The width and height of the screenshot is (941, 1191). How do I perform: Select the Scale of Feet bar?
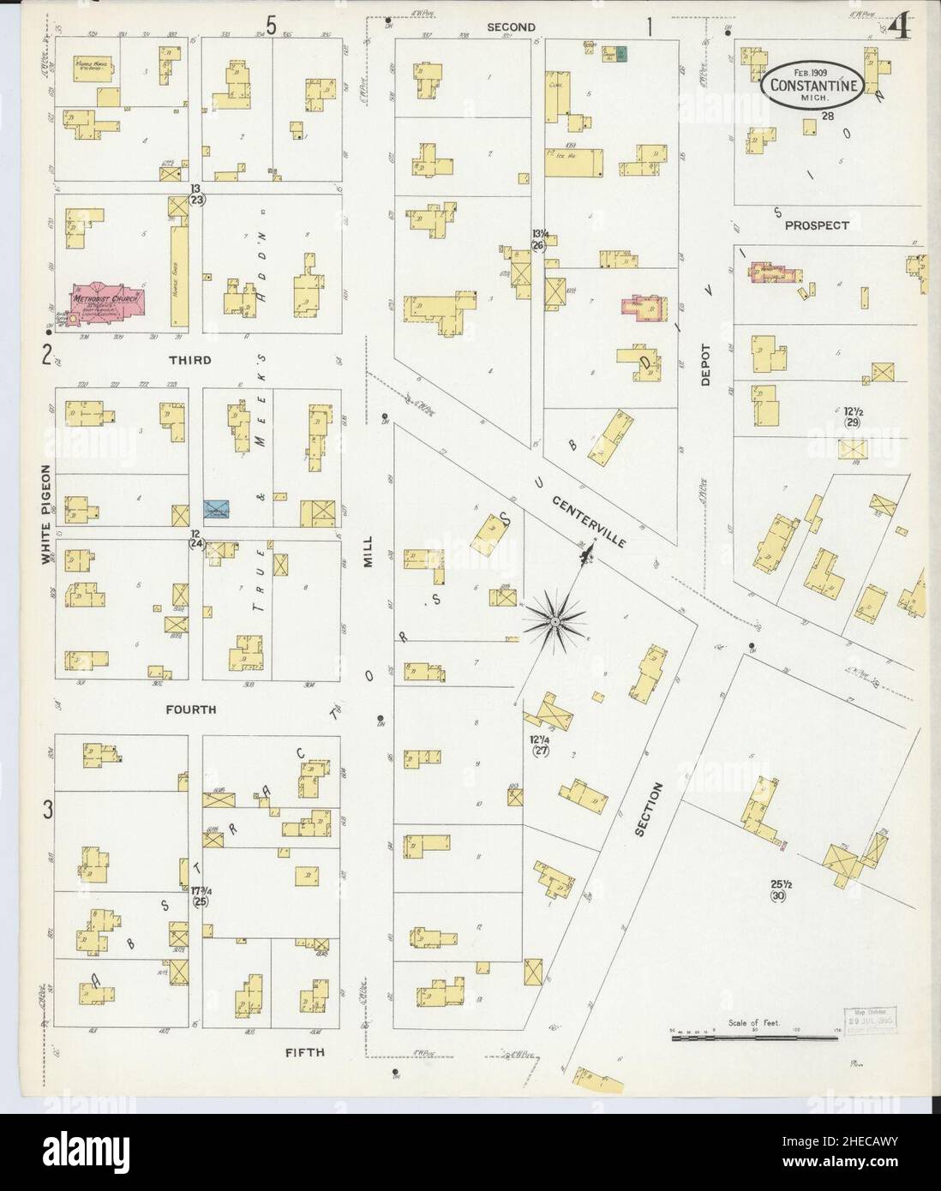(754, 1037)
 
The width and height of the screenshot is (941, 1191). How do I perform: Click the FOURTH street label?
(191, 709)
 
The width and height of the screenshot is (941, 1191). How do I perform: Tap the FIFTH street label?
(307, 1051)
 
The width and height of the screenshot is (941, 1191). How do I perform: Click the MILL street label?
(369, 548)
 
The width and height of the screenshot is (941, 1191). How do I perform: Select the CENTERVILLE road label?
(589, 521)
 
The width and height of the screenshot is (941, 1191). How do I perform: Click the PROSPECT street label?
(817, 225)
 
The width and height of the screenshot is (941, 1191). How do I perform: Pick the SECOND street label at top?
(511, 27)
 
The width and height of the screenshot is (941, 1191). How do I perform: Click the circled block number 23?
(198, 200)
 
